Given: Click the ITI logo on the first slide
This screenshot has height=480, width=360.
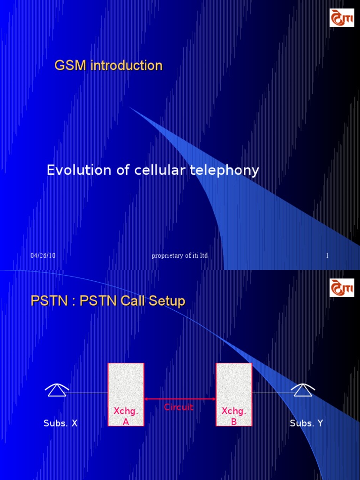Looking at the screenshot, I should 342,17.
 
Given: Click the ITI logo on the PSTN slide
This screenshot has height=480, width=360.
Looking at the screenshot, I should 342,287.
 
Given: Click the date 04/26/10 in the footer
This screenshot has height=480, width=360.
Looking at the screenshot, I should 43,255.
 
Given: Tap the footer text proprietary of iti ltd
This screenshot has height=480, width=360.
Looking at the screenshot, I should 180,255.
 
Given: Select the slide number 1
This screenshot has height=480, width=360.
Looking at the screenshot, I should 327,255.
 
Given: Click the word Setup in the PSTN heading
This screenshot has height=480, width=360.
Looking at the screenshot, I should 165,301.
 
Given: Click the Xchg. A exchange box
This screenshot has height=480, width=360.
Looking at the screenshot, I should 126,394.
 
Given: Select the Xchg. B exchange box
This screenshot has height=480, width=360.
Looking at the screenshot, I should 234,394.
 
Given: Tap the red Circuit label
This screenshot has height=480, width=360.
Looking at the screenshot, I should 179,407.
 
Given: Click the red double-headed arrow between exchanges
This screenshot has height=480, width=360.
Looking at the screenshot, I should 180,399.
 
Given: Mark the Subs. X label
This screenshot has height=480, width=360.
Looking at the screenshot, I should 60,423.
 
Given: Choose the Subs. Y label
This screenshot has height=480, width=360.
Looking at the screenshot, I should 307,423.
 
